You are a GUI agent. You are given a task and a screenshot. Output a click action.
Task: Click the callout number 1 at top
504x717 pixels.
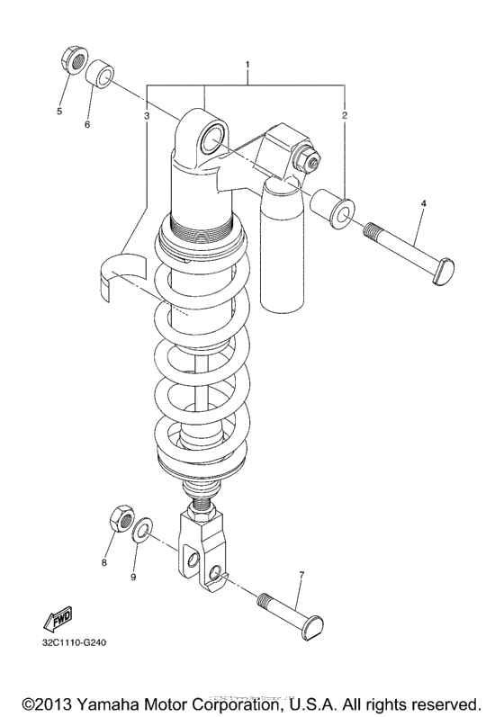click(248, 67)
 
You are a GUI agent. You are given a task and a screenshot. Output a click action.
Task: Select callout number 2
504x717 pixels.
click(345, 116)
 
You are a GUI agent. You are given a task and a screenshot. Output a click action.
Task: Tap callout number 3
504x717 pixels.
click(146, 116)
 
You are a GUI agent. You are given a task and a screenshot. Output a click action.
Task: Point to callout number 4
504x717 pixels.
click(423, 204)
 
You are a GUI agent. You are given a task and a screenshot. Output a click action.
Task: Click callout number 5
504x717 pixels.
click(60, 112)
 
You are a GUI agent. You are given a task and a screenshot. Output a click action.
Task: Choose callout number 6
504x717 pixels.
click(87, 124)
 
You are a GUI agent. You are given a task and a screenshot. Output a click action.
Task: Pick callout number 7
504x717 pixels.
click(301, 575)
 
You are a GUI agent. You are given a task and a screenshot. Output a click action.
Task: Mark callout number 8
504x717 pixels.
click(103, 562)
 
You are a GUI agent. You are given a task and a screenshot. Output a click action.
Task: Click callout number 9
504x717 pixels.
click(134, 577)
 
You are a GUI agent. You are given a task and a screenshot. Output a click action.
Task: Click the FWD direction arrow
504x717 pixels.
click(57, 620)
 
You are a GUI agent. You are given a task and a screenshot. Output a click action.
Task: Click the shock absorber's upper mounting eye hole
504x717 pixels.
click(213, 136)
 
